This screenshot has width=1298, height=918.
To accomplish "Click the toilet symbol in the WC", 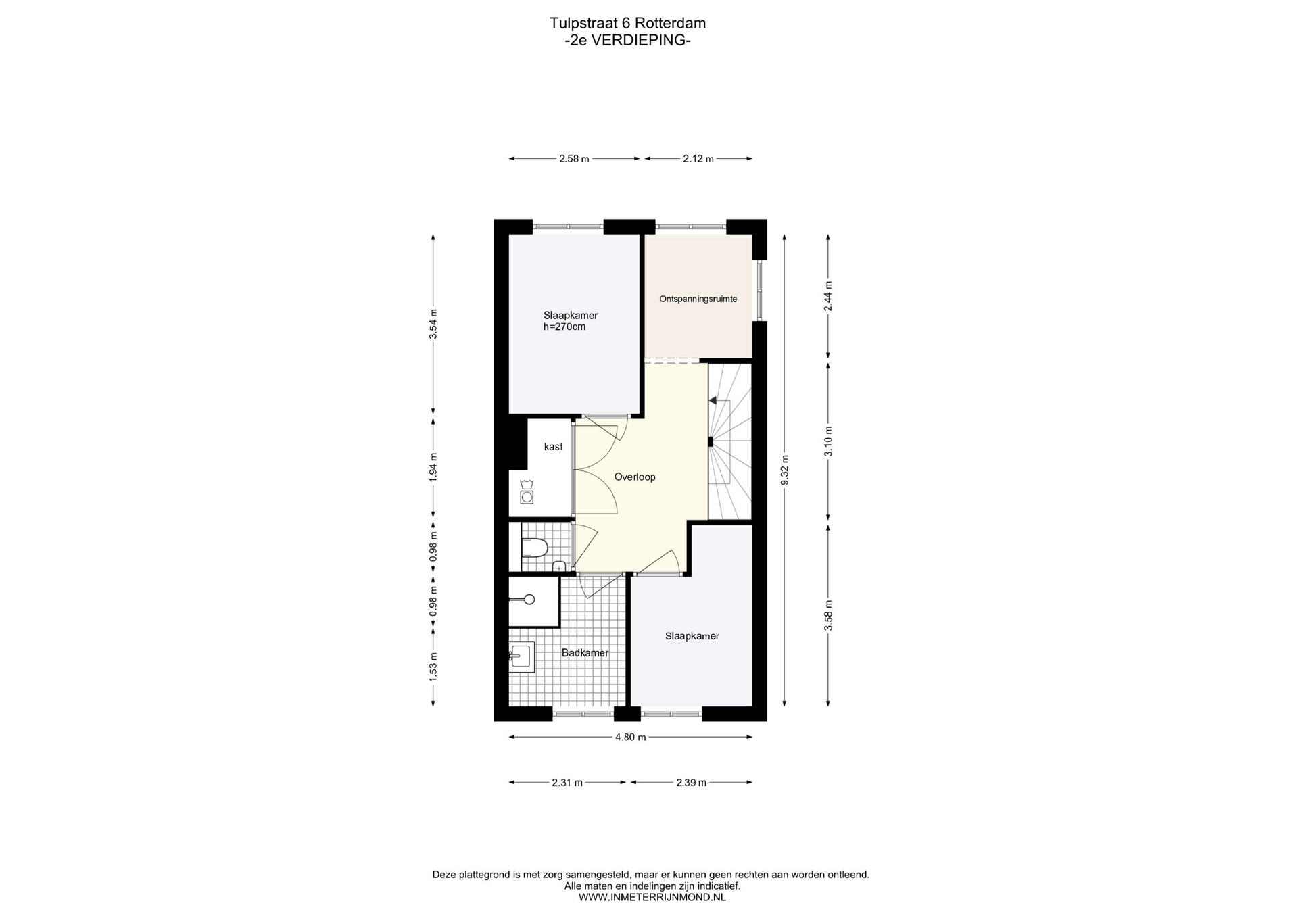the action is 533,548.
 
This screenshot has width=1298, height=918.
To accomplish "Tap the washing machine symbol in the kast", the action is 527,492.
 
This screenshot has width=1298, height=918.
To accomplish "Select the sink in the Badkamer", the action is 522,656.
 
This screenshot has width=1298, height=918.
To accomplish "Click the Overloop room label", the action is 635,477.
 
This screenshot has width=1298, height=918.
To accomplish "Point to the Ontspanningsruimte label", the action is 698,299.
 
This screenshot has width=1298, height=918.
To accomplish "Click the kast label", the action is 553,447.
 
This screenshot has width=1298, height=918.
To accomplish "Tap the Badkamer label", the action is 585,653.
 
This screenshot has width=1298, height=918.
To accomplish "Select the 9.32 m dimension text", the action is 785,470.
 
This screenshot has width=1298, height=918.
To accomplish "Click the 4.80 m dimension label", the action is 630,737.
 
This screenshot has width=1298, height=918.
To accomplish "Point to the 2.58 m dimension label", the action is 574,159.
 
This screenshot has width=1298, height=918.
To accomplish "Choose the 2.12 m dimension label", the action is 698,159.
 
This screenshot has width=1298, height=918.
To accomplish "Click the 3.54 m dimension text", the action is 433,324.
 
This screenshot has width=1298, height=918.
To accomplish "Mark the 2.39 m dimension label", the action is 691,783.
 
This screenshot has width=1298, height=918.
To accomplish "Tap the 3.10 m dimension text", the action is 828,441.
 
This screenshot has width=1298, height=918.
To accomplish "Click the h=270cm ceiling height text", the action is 564,327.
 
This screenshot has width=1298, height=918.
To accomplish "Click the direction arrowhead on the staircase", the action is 713,401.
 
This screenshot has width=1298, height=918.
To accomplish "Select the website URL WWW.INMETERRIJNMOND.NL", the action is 652,898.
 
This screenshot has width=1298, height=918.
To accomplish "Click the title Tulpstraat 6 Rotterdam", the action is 627,23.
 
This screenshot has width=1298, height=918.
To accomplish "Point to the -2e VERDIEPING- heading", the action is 627,40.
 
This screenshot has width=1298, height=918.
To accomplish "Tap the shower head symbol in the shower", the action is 529,600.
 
